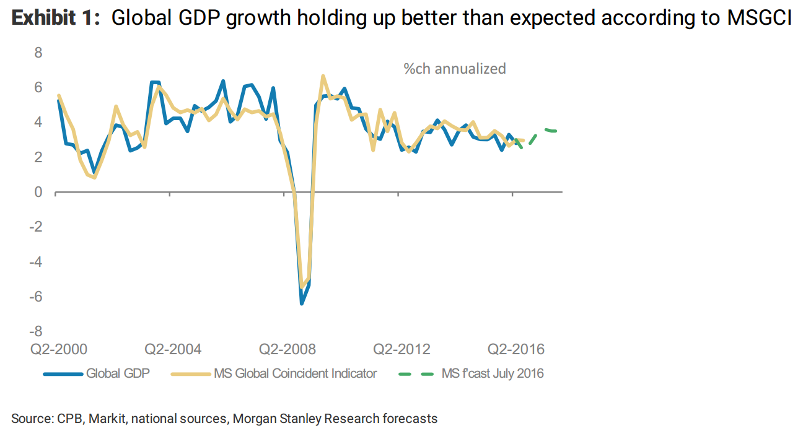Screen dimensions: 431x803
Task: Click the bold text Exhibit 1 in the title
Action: [x=55, y=19]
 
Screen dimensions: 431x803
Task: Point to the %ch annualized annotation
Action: [x=454, y=69]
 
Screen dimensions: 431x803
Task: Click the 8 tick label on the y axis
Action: [x=38, y=53]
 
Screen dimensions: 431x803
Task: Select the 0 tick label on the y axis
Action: [x=38, y=193]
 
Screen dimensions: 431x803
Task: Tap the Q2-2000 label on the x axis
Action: [x=59, y=349]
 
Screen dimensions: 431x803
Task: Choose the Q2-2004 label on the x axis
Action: [x=173, y=349]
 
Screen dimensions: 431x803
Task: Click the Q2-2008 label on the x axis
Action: [x=287, y=349]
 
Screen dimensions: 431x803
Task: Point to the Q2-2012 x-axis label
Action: [x=401, y=349]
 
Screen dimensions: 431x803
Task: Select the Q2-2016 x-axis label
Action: [x=516, y=349]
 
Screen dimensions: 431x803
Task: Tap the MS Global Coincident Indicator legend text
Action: [x=295, y=373]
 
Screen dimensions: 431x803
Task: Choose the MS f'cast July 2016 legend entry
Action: [x=493, y=373]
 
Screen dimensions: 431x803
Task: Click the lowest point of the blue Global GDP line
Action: [x=302, y=303]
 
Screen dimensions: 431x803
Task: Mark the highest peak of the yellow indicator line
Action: [x=323, y=76]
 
